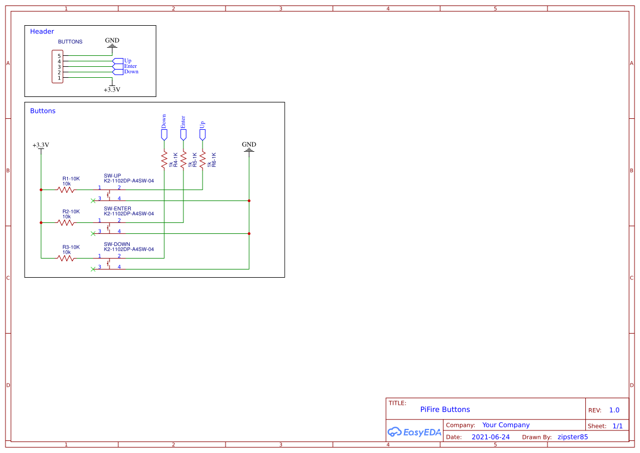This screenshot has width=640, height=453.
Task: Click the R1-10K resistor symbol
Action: [66, 190]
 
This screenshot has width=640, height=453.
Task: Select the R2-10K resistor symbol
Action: [66, 222]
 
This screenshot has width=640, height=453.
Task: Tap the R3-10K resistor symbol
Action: [66, 257]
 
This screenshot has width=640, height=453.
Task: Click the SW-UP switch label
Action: [112, 176]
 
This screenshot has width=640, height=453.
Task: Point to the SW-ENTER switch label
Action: [117, 209]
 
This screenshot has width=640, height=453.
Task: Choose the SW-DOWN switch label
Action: [117, 244]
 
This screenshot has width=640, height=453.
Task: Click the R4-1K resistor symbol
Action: [164, 160]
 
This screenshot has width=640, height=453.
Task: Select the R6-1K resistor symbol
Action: [203, 160]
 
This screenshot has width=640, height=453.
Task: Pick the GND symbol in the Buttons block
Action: [249, 147]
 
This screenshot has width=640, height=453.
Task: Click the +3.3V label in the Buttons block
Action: [41, 145]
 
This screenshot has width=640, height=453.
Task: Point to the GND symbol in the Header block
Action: [112, 43]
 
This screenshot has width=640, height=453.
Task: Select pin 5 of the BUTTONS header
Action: [59, 56]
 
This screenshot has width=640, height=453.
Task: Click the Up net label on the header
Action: [127, 61]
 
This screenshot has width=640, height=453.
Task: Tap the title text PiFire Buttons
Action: [445, 409]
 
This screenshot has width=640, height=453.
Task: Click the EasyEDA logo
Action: [414, 432]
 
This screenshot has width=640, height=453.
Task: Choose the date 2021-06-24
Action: [490, 437]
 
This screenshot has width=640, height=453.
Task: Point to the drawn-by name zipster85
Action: [572, 437]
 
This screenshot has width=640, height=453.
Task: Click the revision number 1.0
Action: [614, 410]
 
